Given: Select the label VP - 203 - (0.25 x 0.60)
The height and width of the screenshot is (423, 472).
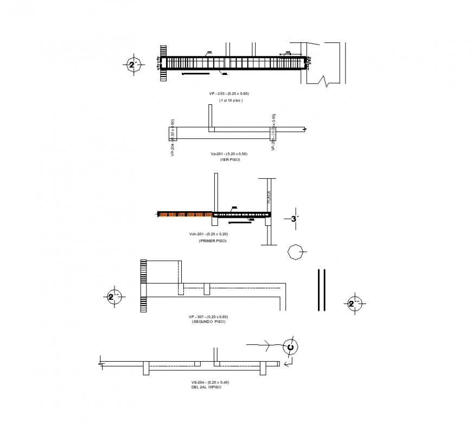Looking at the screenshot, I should [x=229, y=94].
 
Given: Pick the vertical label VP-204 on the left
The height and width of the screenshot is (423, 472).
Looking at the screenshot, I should [x=172, y=139].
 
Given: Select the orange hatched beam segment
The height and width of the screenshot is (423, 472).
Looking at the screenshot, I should [x=184, y=214].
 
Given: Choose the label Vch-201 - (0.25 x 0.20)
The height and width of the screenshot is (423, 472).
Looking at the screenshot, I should [x=208, y=234].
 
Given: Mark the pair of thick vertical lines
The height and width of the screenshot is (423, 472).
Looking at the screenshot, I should [x=322, y=289].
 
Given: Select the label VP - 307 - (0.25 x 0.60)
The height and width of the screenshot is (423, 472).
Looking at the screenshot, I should [x=208, y=317].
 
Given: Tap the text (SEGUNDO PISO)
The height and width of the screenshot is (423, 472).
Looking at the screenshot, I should [x=208, y=321].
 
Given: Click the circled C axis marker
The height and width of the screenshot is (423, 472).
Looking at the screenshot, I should [x=290, y=347].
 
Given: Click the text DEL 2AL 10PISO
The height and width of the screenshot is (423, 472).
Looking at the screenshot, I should [x=206, y=387].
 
